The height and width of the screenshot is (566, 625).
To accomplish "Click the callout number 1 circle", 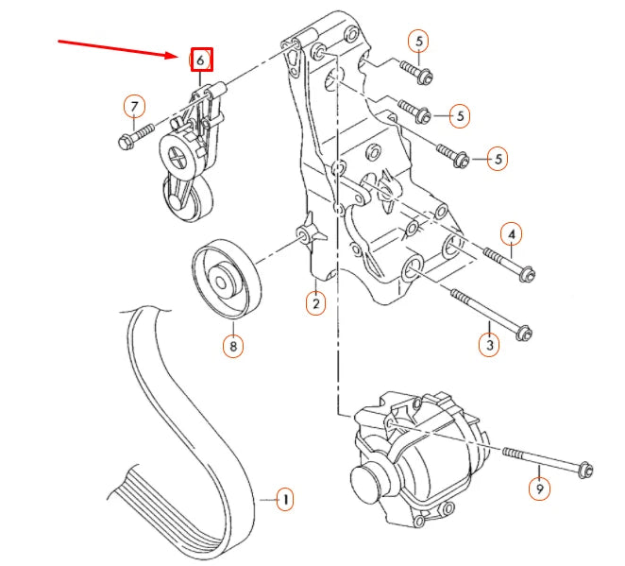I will [284, 498].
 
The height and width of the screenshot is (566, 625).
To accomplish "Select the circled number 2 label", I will [314, 302].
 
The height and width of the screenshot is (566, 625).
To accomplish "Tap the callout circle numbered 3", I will [489, 345].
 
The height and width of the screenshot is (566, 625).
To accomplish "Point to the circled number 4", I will [511, 232].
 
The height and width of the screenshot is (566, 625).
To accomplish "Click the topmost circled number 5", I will [418, 41].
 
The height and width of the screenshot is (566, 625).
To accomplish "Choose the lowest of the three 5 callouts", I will [498, 158].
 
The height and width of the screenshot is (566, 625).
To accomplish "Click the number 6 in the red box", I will [201, 60].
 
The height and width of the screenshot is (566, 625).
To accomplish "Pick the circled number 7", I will [134, 106].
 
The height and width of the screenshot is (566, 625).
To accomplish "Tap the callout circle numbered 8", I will [232, 346].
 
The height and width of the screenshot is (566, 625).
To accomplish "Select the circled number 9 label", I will [539, 489].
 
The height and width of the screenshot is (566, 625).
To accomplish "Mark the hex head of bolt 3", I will [524, 332].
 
